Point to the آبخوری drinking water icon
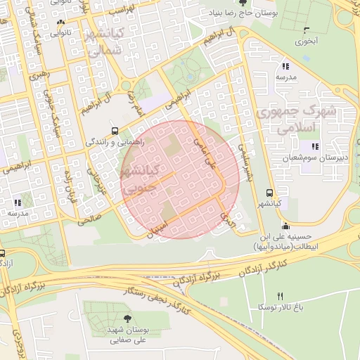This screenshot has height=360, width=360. coord(305,30)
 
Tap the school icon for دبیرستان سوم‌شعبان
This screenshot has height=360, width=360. coord(315,146)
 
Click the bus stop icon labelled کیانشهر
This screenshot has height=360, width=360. coord(270,192)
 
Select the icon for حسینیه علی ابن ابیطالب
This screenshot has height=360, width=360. coord(285,226)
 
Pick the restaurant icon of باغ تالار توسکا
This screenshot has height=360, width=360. coord(281,296)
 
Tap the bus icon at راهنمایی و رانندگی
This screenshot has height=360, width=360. coord(115,131)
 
